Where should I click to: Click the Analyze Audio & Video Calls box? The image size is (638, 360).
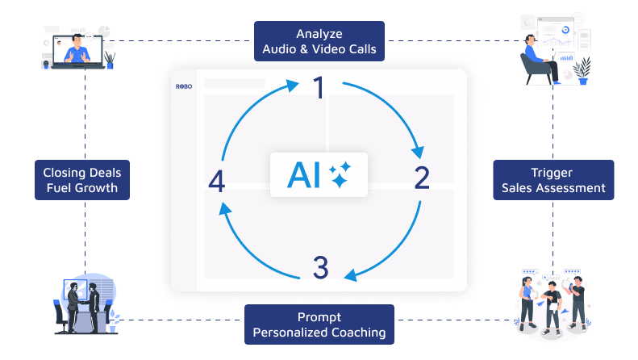tap(319, 41)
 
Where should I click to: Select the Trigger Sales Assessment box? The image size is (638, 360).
tap(553, 180)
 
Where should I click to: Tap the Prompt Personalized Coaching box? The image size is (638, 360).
tap(319, 324)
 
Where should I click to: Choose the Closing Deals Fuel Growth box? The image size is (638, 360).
tap(82, 180)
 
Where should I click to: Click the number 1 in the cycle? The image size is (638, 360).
tap(319, 87)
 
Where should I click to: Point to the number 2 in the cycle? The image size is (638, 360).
tap(422, 178)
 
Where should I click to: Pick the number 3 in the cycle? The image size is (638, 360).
tap(321, 267)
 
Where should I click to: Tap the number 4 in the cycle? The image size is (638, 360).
tap(216, 181)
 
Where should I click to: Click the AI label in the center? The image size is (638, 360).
tap(303, 175)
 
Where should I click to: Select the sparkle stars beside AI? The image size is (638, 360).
tap(340, 174)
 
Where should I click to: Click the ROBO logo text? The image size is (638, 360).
tap(184, 86)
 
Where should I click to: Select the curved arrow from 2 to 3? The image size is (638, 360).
tap(396, 250)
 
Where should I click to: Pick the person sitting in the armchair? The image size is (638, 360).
tap(539, 59)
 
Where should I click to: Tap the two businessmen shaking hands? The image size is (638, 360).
tap(83, 308)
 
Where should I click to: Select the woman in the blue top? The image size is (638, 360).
tap(527, 302)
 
